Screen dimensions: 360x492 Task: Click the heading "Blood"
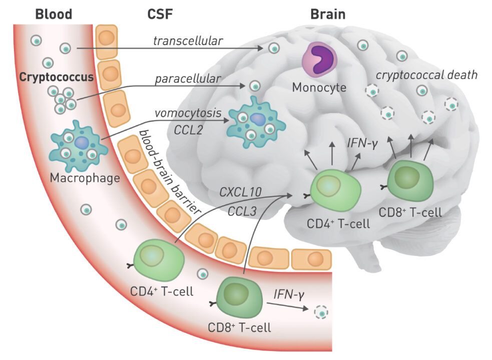tap(54, 13)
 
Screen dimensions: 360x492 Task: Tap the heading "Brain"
tap(328, 13)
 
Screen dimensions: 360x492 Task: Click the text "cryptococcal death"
tap(426, 75)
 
